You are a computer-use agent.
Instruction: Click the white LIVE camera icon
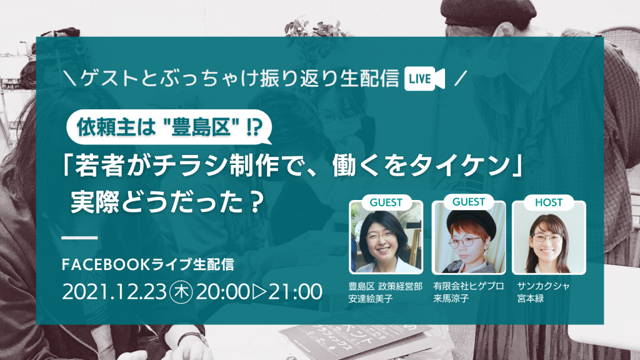424,78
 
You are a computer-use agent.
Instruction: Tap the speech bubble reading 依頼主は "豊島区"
169,127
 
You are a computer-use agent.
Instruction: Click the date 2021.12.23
114,292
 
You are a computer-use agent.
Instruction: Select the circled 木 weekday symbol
181,292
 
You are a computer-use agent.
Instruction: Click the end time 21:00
296,292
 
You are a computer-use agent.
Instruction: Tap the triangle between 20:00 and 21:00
259,292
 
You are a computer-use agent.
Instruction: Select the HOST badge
549,202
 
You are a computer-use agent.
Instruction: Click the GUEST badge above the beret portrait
469,202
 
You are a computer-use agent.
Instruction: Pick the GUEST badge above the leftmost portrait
386,202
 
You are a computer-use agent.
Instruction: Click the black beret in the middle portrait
471,223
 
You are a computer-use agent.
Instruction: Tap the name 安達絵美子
370,299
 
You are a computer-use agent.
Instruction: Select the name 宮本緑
530,299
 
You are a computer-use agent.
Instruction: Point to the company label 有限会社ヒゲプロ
469,286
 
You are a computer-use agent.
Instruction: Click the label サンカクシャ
543,286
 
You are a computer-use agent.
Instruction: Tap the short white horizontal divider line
79,237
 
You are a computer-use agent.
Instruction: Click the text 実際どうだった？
166,202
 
